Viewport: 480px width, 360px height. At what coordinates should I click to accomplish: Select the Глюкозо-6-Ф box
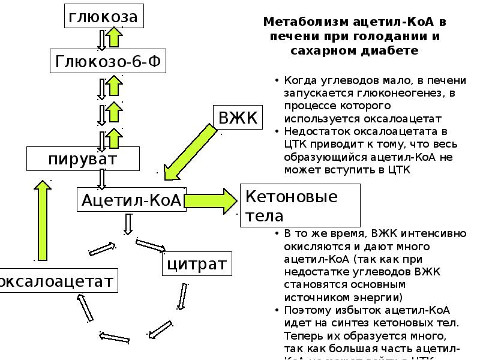coord(107,61)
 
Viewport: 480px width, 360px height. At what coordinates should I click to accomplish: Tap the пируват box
coord(83,160)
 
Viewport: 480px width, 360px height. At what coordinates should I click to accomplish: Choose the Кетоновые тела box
coord(300,205)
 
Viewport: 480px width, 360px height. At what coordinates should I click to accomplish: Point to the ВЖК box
coord(238,118)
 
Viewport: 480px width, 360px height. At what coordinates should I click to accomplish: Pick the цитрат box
coord(196,263)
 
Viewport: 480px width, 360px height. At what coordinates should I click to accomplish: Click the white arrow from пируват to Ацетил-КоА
coord(102,178)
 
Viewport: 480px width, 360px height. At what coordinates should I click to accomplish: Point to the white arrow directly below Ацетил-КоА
coord(128,223)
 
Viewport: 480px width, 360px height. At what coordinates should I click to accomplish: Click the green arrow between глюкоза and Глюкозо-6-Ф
coord(115,39)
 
